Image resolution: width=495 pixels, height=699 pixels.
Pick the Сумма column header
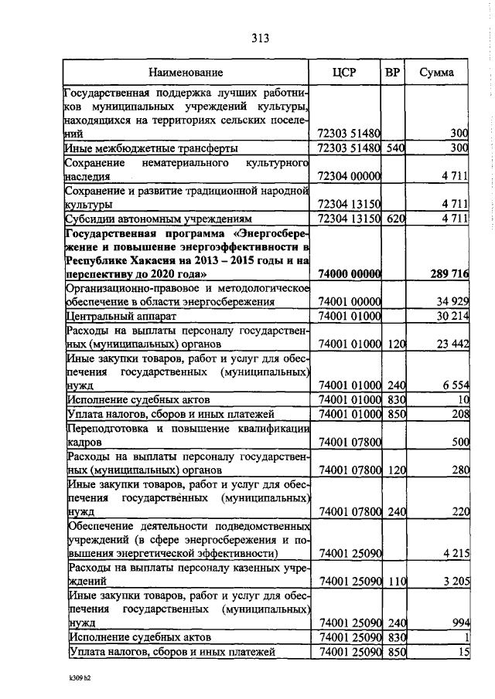coord(437,73)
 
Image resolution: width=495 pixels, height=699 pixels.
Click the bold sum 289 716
coord(449,273)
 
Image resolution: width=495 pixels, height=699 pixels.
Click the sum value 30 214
coord(451,316)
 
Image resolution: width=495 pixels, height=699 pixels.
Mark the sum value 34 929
coord(451,302)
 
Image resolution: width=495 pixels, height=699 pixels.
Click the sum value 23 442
coord(451,344)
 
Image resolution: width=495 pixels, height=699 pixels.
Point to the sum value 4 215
coord(454,555)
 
